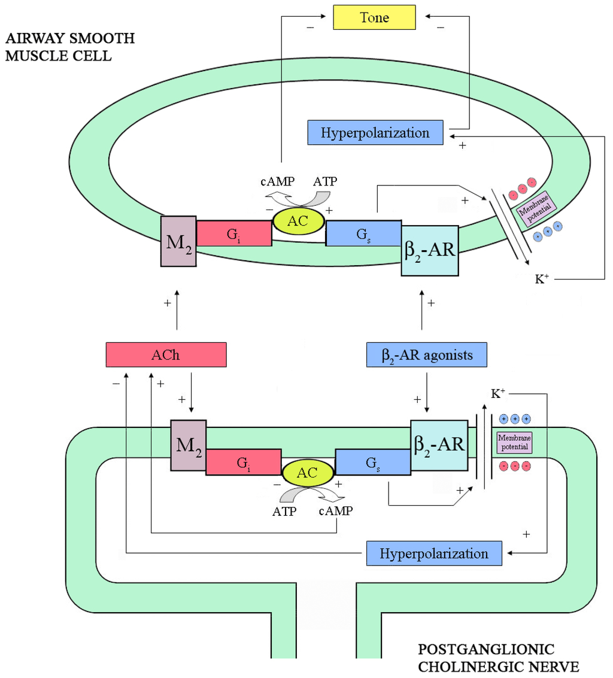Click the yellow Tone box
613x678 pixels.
(x=374, y=18)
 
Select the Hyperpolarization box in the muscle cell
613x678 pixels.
(x=375, y=132)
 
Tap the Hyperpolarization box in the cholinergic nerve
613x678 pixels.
(x=434, y=553)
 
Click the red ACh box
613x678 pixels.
(x=165, y=354)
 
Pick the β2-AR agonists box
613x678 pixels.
(x=427, y=355)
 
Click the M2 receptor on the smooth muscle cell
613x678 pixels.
(x=178, y=241)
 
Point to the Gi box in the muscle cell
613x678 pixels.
(x=234, y=233)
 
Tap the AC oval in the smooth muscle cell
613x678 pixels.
(x=299, y=221)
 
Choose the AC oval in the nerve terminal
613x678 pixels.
(x=307, y=472)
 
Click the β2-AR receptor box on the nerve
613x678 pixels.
(x=439, y=445)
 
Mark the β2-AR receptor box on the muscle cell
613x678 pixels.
(x=430, y=250)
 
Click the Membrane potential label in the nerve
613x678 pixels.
(x=514, y=443)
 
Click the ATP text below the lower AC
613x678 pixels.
(x=285, y=512)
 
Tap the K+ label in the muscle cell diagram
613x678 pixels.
(x=542, y=278)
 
